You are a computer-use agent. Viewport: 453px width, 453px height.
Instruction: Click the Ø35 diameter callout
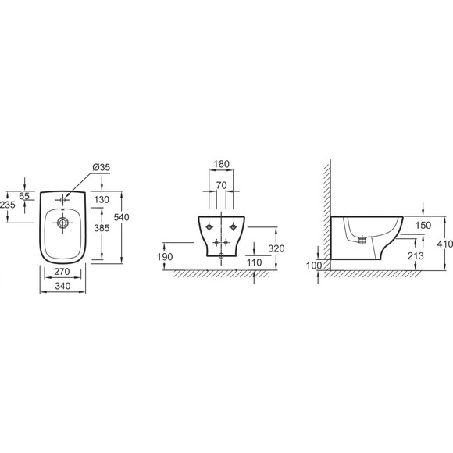pyautogui.click(x=101, y=167)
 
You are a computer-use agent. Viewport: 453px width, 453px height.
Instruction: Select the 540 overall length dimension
pyautogui.click(x=121, y=217)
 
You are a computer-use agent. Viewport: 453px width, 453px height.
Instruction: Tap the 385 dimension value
pyautogui.click(x=102, y=228)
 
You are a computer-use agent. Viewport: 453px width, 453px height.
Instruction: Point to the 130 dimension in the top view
pyautogui.click(x=102, y=200)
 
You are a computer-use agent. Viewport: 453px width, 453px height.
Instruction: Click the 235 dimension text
pyautogui.click(x=8, y=205)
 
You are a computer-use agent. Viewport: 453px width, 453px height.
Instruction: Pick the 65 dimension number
pyautogui.click(x=24, y=196)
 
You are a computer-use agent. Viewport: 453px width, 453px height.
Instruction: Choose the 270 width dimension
pyautogui.click(x=62, y=272)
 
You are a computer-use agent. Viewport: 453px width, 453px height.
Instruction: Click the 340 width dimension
pyautogui.click(x=62, y=286)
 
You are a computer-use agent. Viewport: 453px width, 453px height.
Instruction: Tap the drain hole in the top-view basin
pyautogui.click(x=62, y=223)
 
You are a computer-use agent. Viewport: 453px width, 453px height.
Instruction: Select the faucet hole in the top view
pyautogui.click(x=62, y=199)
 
